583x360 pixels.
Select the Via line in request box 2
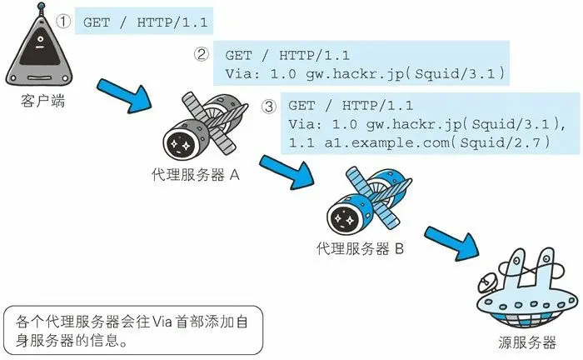tap(365, 73)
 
